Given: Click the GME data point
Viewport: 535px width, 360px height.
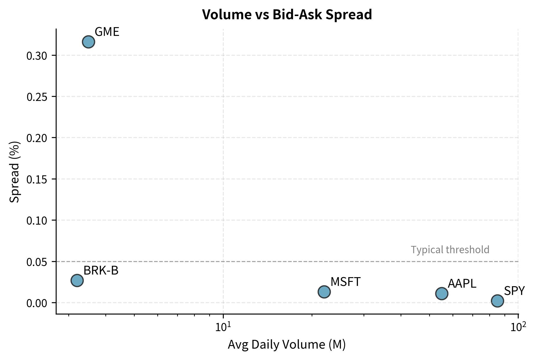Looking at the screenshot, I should [x=88, y=42].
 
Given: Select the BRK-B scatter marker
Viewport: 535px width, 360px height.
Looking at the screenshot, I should [x=77, y=280].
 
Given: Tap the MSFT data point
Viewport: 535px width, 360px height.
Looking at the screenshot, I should [x=324, y=291].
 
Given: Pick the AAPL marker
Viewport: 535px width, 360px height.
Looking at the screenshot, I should [x=442, y=293].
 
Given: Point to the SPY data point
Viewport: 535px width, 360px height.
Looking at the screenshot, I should [x=497, y=301].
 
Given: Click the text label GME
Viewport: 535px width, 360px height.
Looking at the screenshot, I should [x=107, y=32].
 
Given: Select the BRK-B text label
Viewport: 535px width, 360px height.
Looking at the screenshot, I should [x=101, y=271].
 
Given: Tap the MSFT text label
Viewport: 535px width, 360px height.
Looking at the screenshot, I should [x=345, y=282].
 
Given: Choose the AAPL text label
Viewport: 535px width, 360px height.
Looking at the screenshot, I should [x=462, y=284].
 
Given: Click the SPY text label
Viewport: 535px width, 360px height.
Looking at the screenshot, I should [x=514, y=291].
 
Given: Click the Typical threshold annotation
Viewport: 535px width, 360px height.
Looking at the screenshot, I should [x=450, y=250].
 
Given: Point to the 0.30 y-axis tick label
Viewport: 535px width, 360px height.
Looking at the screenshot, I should [x=37, y=56].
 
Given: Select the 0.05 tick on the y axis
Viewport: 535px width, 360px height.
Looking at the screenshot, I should [x=37, y=262].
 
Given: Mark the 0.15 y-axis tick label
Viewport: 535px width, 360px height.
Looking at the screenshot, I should [x=37, y=179].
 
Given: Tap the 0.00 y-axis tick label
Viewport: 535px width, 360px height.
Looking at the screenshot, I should [x=37, y=303].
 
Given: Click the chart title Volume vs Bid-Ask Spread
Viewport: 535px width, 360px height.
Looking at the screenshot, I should [x=287, y=14].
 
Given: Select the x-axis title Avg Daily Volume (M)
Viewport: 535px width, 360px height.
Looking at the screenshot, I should [x=286, y=345].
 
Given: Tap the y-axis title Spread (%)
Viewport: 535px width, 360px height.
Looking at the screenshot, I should [x=14, y=172].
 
